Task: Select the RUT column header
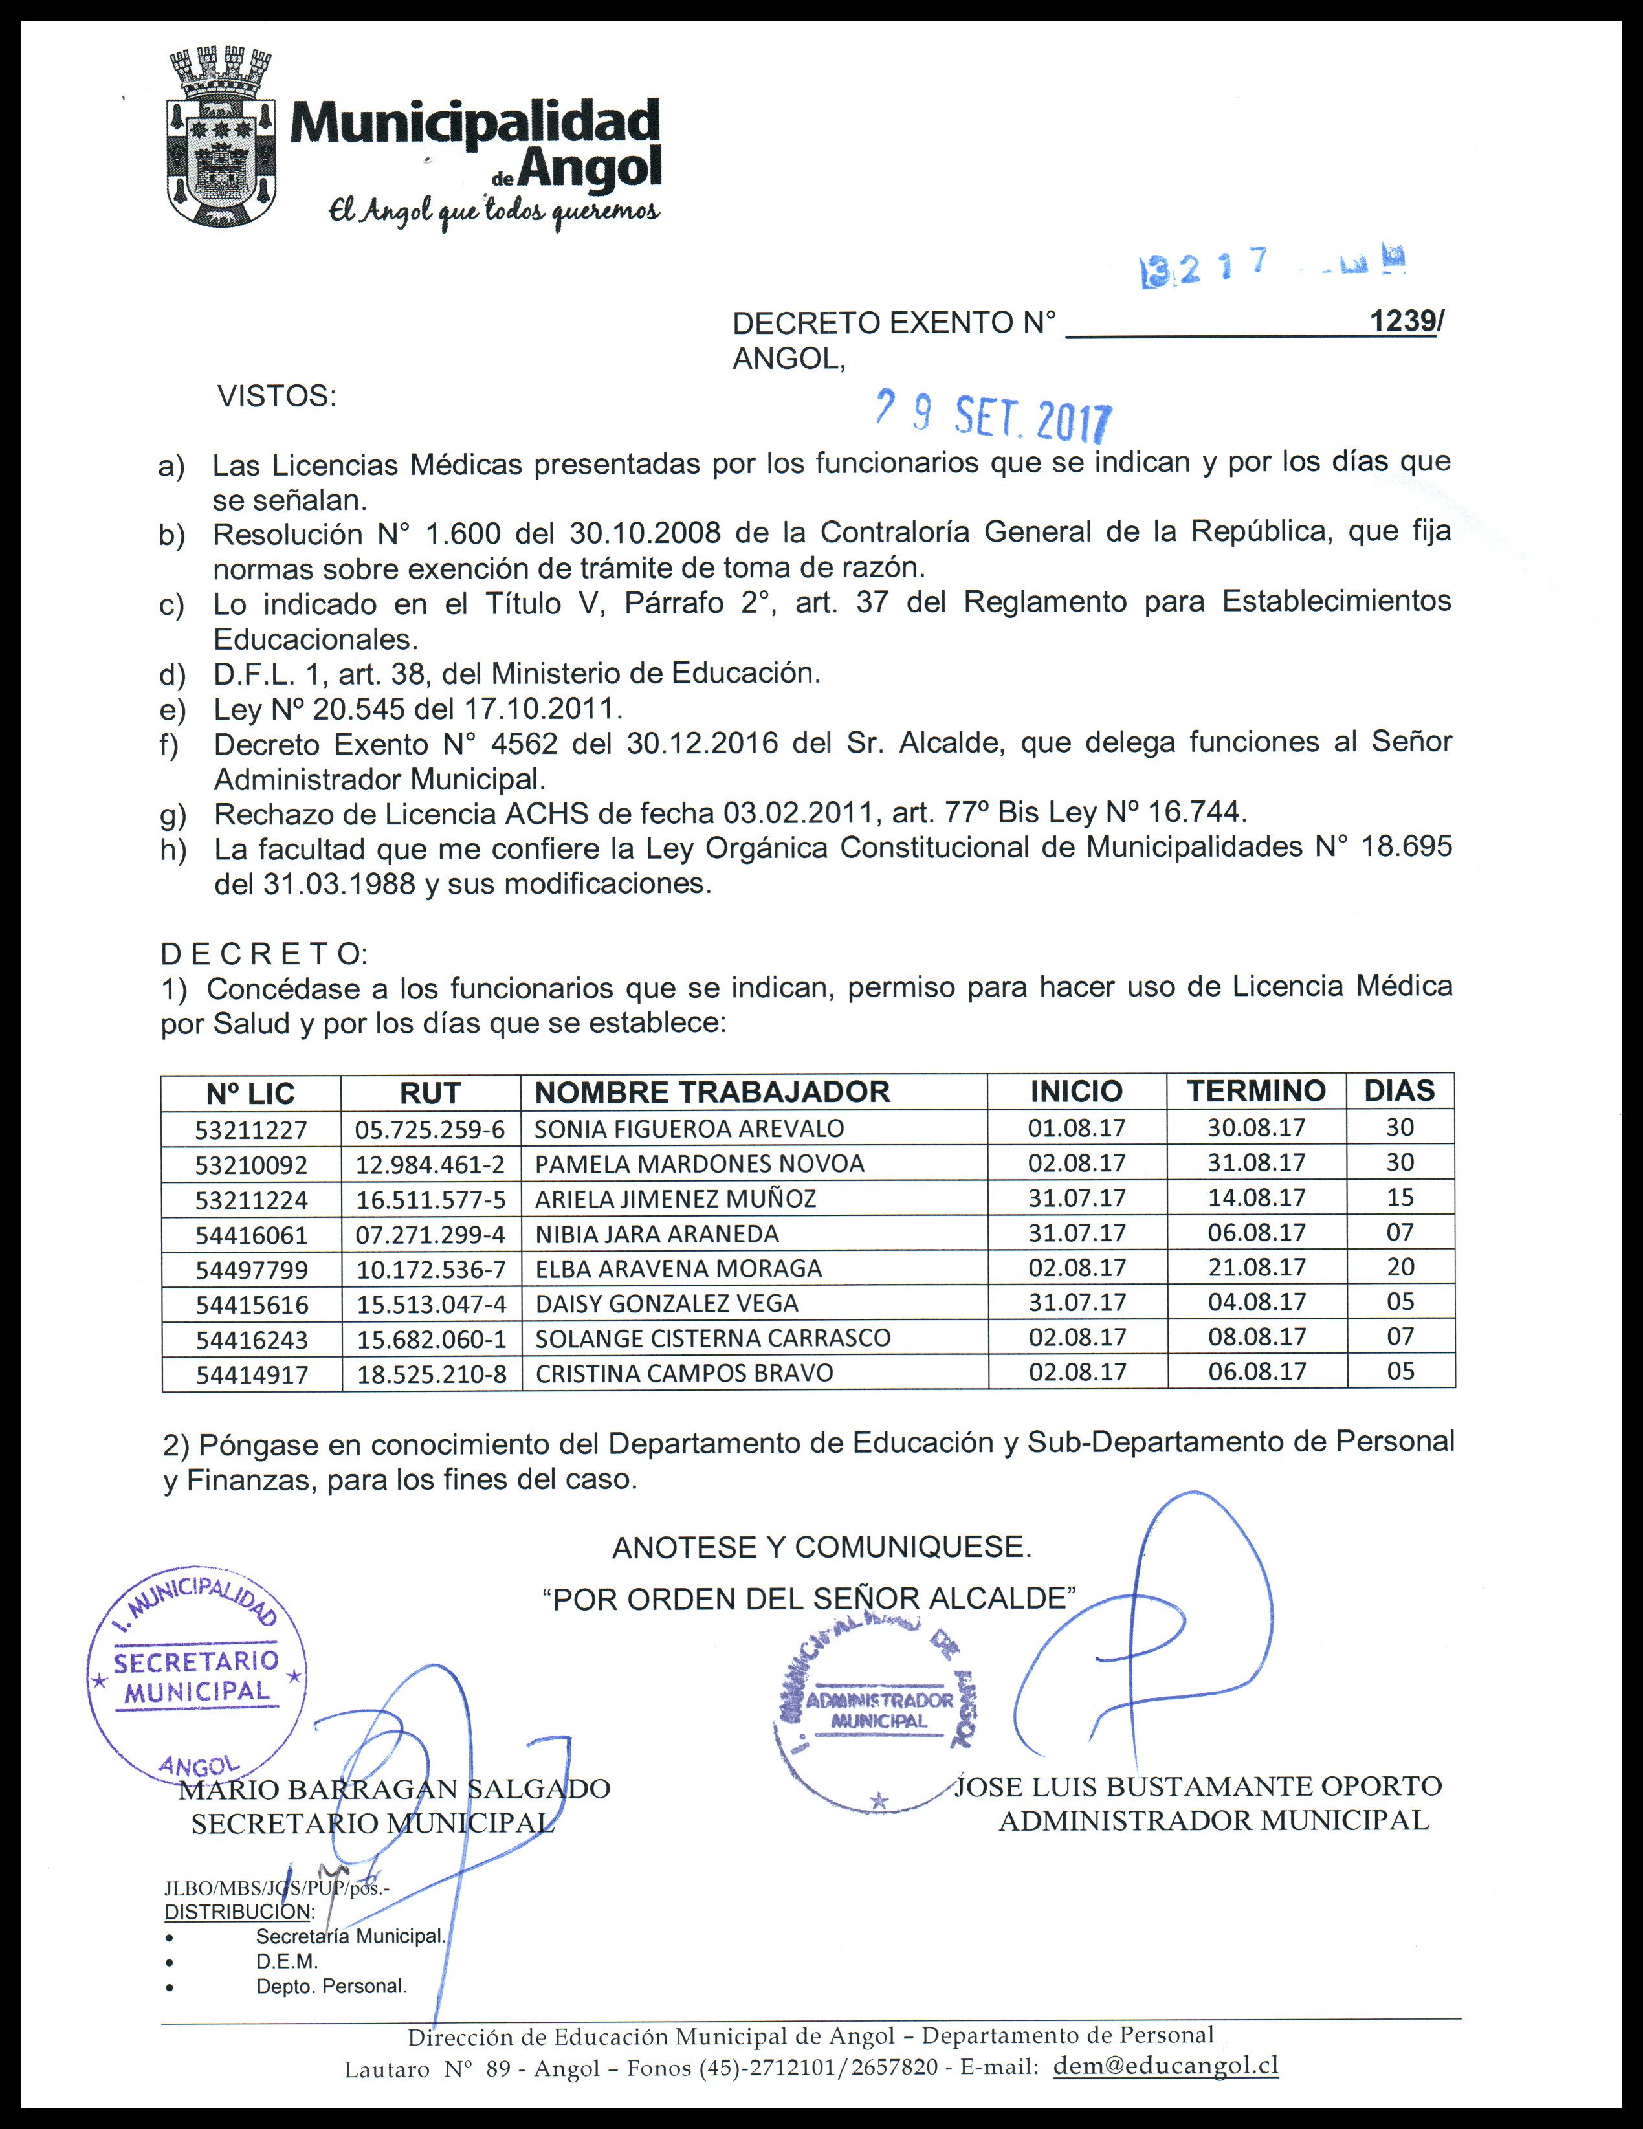pos(430,1092)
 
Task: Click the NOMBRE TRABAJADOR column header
pos(712,1092)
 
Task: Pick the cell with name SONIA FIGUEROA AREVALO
pos(689,1129)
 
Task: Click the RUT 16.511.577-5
pos(430,1199)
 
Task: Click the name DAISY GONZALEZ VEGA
pos(667,1303)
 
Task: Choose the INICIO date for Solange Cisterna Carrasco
pos(1077,1338)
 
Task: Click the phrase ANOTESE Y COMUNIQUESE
pos(821,1547)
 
